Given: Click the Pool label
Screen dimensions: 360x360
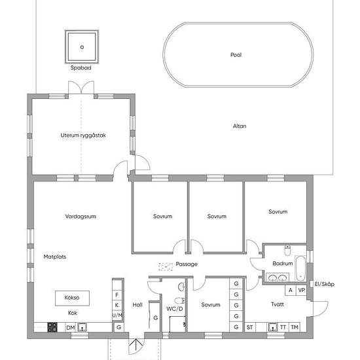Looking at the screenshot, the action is click(236, 55).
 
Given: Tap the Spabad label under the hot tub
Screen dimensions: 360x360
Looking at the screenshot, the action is click(81, 67).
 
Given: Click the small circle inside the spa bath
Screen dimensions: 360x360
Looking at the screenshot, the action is click(82, 47).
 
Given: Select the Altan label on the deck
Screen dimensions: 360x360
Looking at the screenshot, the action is click(240, 126).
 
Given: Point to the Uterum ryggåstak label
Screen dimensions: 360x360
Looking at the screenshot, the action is click(83, 135).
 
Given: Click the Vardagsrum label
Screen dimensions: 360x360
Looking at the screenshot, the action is click(81, 216).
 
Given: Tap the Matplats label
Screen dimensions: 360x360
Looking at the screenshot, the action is click(55, 257).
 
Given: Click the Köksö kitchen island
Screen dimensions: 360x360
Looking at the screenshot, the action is click(72, 298).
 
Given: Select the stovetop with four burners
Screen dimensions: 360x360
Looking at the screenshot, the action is click(52, 327).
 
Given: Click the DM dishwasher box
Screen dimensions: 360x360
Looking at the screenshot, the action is click(71, 327).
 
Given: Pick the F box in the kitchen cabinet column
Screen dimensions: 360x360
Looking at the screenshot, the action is click(117, 295).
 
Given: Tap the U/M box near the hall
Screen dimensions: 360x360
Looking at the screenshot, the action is click(117, 315).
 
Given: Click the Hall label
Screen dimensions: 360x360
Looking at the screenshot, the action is click(137, 304).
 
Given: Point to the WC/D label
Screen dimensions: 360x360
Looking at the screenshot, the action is click(175, 309).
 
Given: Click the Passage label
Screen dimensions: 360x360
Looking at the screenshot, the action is click(187, 264).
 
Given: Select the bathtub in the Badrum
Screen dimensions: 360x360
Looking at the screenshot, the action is click(300, 268).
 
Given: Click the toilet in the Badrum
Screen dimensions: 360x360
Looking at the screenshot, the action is click(287, 251).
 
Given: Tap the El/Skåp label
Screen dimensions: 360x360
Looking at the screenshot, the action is click(325, 284).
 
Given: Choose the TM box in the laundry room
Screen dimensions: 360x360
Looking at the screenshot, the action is click(295, 327).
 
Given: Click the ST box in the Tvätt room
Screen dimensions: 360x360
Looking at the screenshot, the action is click(250, 327).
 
